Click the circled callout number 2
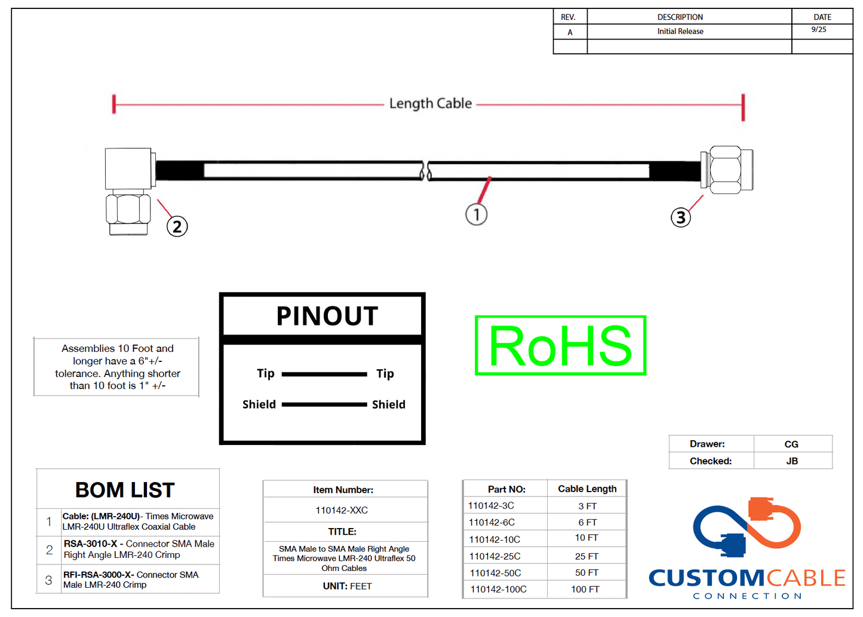[177, 226]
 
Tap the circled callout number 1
[476, 214]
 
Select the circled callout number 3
[681, 217]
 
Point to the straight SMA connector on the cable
[726, 170]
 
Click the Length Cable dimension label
[431, 104]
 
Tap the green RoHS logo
[560, 346]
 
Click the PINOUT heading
[327, 316]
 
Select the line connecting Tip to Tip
[324, 375]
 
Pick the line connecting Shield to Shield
[324, 404]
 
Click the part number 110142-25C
[495, 556]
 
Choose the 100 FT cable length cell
[585, 589]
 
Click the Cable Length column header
[587, 489]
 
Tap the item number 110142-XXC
[342, 510]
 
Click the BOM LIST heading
[125, 490]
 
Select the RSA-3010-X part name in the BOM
[90, 544]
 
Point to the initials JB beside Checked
[792, 461]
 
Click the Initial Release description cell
[680, 31]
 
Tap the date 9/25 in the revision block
[819, 29]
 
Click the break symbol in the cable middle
[425, 171]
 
